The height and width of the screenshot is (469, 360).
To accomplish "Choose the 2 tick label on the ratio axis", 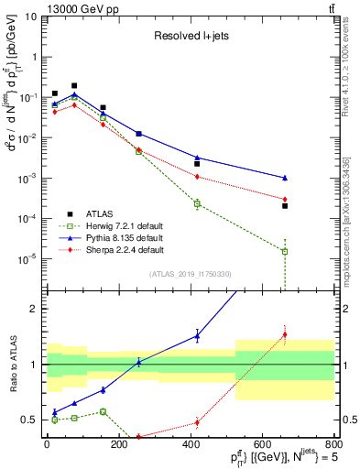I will tap(32, 309).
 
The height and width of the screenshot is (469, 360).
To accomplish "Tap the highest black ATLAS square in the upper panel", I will tap(74, 85).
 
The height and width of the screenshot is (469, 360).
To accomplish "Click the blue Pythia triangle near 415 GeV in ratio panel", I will tap(197, 336).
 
